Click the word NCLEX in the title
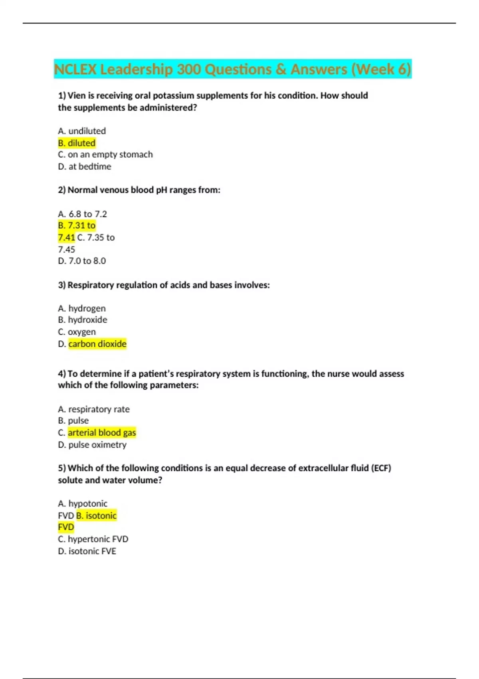[75, 69]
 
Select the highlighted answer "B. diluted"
[77, 143]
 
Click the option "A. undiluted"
[82, 131]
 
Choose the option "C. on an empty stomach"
[105, 155]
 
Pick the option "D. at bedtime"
[85, 167]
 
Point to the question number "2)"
[62, 190]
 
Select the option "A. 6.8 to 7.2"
[82, 214]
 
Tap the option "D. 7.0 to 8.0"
[82, 261]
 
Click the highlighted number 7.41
[66, 238]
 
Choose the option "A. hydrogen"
[82, 308]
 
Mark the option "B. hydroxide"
[83, 320]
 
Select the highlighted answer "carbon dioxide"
[97, 344]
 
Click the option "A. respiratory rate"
[94, 409]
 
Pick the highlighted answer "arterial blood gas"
[102, 433]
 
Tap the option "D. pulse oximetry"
[92, 445]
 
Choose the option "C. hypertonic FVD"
[93, 539]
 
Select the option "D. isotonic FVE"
[87, 551]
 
